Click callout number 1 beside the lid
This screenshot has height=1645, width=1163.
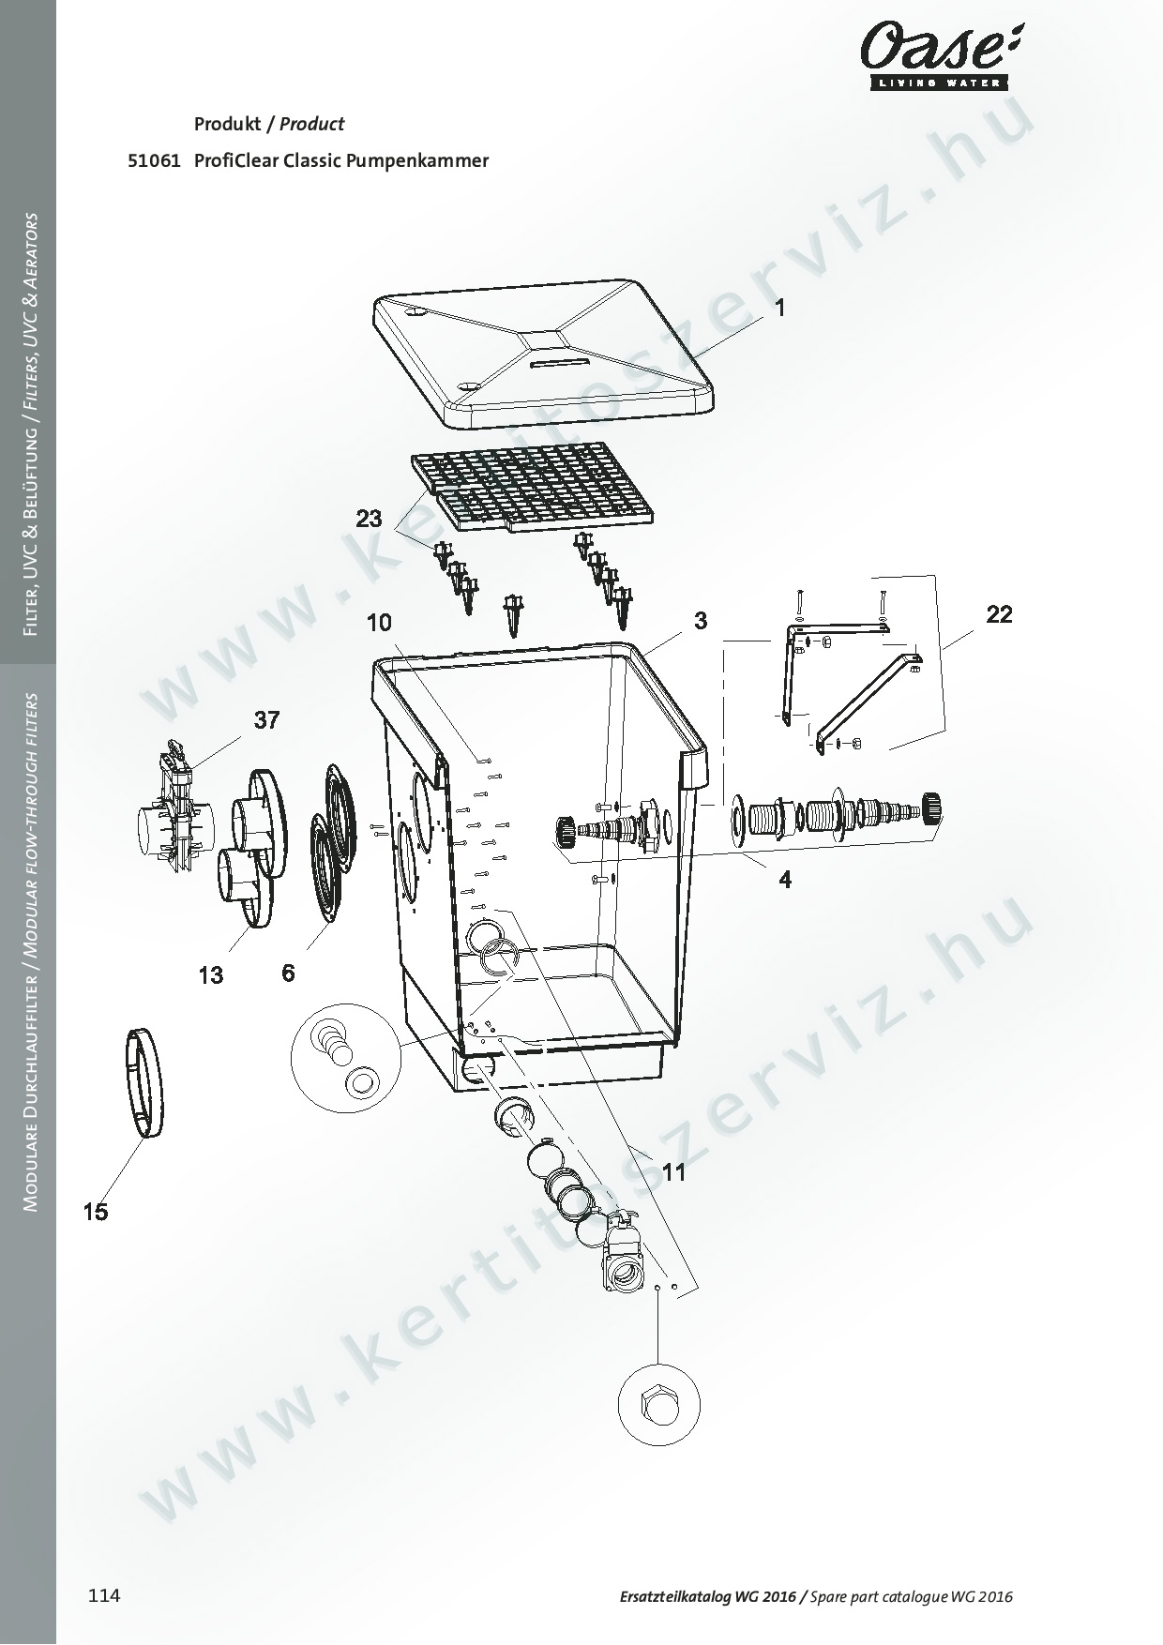pyautogui.click(x=779, y=308)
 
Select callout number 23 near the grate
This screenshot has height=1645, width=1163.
pyautogui.click(x=370, y=519)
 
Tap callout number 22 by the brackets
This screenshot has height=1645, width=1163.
pyautogui.click(x=1000, y=614)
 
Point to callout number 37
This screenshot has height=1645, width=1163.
pyautogui.click(x=266, y=720)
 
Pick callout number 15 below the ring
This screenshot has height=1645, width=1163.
pyautogui.click(x=95, y=1212)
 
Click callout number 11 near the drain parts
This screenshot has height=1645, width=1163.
pyautogui.click(x=674, y=1172)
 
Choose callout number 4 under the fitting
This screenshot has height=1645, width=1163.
pyautogui.click(x=786, y=880)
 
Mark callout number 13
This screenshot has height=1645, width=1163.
pyautogui.click(x=211, y=975)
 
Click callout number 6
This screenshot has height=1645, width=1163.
pyautogui.click(x=288, y=973)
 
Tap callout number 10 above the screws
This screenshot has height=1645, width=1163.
pyautogui.click(x=379, y=623)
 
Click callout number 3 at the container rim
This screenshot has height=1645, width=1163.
pyautogui.click(x=701, y=620)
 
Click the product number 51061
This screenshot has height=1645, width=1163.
pyautogui.click(x=154, y=160)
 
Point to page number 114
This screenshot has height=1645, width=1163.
pyautogui.click(x=104, y=1595)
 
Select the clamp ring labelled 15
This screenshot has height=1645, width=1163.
pyautogui.click(x=143, y=1083)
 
